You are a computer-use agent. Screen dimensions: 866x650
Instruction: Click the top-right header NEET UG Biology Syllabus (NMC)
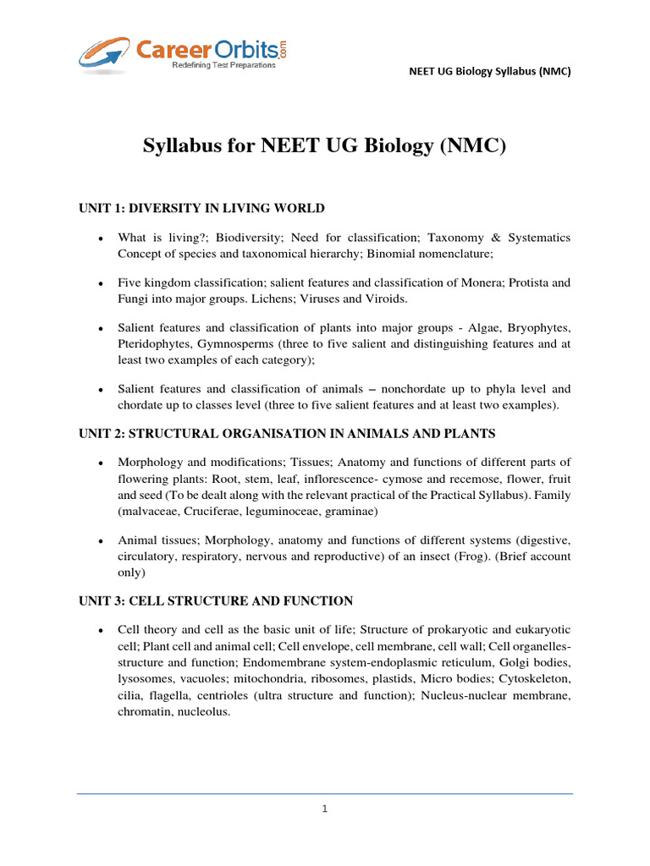pyautogui.click(x=485, y=71)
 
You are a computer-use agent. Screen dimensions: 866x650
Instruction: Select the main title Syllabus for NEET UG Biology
pyautogui.click(x=324, y=148)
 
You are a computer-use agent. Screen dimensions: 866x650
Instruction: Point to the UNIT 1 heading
pyautogui.click(x=201, y=208)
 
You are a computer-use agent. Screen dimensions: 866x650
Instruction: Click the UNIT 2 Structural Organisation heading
pyautogui.click(x=287, y=434)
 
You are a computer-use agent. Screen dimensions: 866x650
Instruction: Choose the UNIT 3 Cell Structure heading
pyautogui.click(x=216, y=601)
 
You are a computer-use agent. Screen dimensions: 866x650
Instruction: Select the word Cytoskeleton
pyautogui.click(x=535, y=680)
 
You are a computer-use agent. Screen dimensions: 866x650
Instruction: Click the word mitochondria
pyautogui.click(x=242, y=680)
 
